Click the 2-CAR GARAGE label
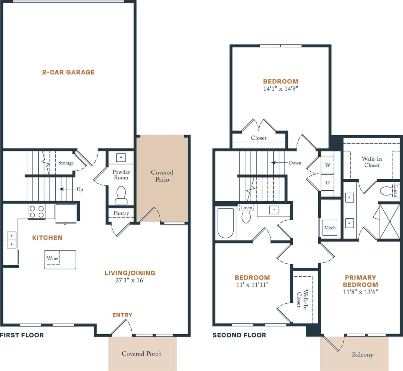68,72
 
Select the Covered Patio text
162,176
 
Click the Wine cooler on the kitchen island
52,258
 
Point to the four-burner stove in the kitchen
37,212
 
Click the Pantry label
121,213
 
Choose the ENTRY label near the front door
122,315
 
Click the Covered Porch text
142,354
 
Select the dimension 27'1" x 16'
130,280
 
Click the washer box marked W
327,165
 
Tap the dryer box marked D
327,183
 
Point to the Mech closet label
330,228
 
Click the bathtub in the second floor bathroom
225,223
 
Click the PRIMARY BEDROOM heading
360,281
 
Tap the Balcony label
362,355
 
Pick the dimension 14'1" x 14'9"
280,89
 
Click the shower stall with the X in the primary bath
389,222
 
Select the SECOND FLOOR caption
239,335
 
